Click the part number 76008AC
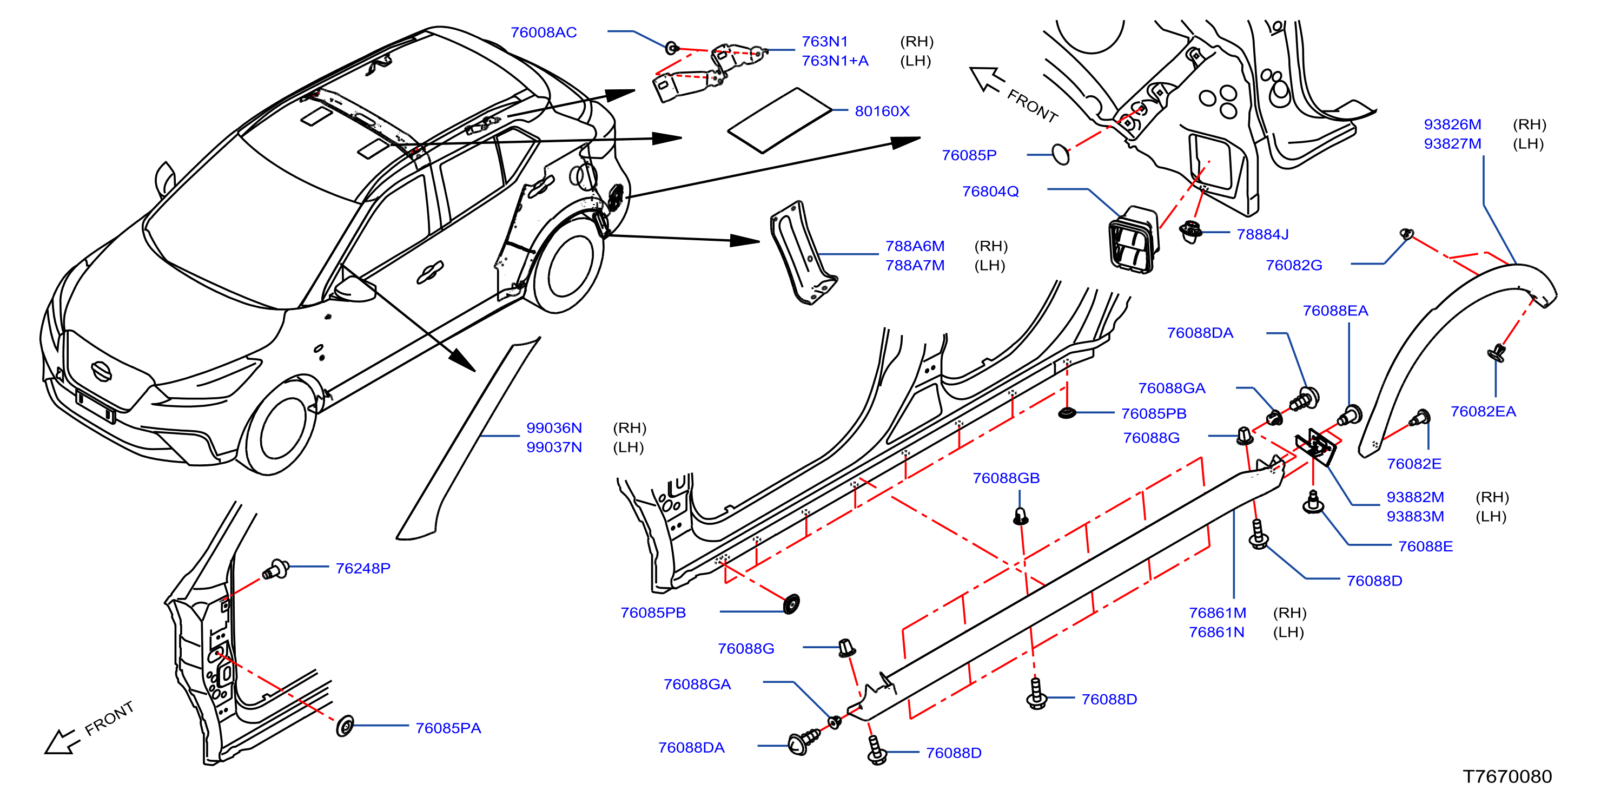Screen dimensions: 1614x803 pyautogui.click(x=543, y=32)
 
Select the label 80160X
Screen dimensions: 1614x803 pyautogui.click(x=882, y=111)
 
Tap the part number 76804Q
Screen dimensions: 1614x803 pyautogui.click(x=990, y=191)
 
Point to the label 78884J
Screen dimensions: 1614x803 pyautogui.click(x=1262, y=234)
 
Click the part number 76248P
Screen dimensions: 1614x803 pyautogui.click(x=363, y=568)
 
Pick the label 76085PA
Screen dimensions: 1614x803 pyautogui.click(x=448, y=728)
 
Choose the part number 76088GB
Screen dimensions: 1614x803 pyautogui.click(x=1006, y=478)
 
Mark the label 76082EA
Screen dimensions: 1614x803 pyautogui.click(x=1483, y=411)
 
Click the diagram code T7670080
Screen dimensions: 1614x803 pyautogui.click(x=1507, y=776)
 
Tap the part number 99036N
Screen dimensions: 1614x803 pyautogui.click(x=554, y=427)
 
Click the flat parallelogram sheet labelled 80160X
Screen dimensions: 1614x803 pyautogui.click(x=779, y=120)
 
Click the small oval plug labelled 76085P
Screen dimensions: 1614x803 pyautogui.click(x=1060, y=154)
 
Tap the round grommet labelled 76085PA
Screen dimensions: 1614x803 pyautogui.click(x=345, y=726)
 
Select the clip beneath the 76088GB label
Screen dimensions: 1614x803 pyautogui.click(x=1020, y=516)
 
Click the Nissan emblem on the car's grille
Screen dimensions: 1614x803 pyautogui.click(x=101, y=371)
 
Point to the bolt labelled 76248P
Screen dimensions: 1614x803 pyautogui.click(x=275, y=569)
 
